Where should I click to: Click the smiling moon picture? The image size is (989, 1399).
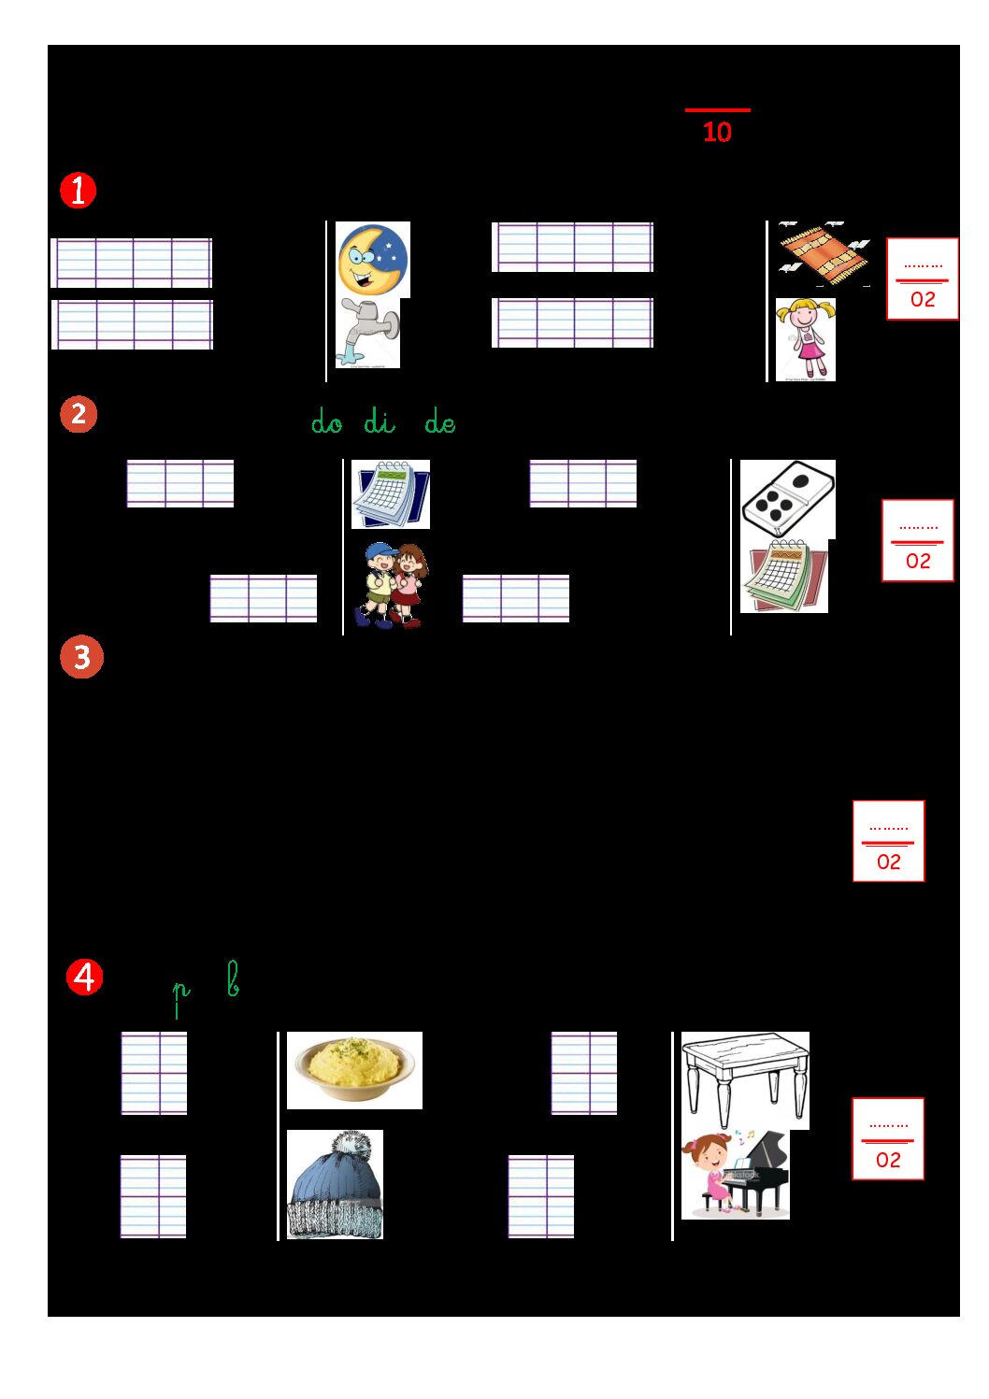coord(373,259)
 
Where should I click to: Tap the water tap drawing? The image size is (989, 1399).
coord(368,333)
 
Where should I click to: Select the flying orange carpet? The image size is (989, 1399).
coord(824,254)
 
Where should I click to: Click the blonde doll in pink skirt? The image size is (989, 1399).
coord(806,339)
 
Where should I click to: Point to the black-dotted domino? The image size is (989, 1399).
coord(788,499)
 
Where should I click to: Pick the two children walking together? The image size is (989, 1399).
coord(391,585)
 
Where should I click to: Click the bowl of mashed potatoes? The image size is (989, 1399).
coord(355,1070)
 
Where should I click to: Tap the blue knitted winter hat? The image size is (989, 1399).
coord(336,1183)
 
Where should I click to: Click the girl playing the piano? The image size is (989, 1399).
coord(736,1174)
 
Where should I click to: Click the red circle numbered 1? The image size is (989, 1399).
coord(79,191)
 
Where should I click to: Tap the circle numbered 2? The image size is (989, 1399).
coord(79,414)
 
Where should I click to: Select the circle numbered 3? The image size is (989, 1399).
coord(82,656)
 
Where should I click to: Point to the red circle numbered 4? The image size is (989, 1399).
coord(84,978)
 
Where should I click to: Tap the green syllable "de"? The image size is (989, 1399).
coord(440,422)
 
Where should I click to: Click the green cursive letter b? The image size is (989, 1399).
coord(233,979)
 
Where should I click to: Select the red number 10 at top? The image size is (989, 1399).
coord(717,132)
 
